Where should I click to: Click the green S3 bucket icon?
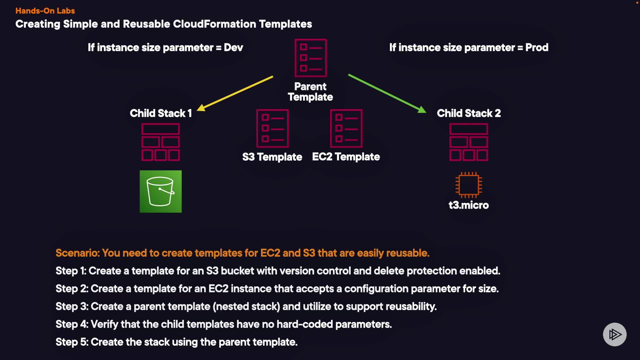click(x=160, y=191)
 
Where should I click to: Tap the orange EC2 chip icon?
click(x=468, y=185)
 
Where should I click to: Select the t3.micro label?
click(x=468, y=205)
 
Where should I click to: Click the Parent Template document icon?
click(x=310, y=58)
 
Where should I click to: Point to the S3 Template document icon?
click(x=272, y=128)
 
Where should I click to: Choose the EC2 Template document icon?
click(x=346, y=128)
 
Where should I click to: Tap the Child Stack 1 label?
click(x=161, y=113)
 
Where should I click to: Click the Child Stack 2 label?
click(x=469, y=113)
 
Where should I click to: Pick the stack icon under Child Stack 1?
click(x=161, y=142)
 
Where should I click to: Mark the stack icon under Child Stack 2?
click(x=468, y=142)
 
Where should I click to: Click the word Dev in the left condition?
click(x=233, y=48)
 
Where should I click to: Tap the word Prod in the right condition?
click(x=537, y=48)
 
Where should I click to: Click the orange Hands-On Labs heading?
click(x=45, y=11)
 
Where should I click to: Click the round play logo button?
click(x=615, y=334)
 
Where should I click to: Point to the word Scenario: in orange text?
click(x=77, y=253)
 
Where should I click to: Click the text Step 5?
click(x=72, y=342)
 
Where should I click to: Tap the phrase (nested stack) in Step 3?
click(x=246, y=306)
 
